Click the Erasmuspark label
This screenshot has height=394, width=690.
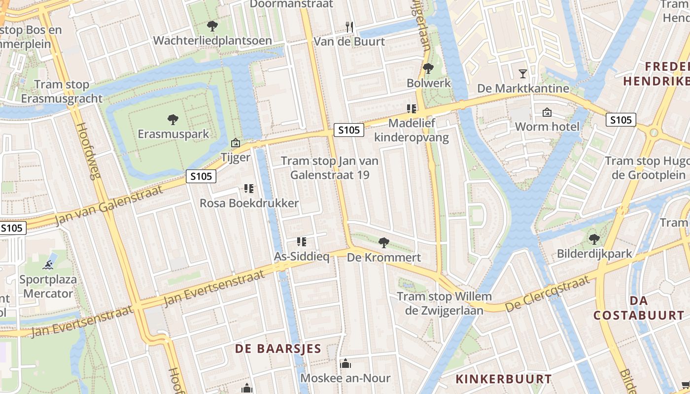[173, 134]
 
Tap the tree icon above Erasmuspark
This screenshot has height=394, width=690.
[172, 119]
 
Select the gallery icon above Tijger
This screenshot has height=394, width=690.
[236, 143]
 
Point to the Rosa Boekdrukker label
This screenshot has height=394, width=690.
[249, 203]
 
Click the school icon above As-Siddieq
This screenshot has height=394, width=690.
[302, 241]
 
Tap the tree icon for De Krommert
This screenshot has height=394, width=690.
[383, 242]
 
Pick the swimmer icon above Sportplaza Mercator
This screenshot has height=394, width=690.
[48, 265]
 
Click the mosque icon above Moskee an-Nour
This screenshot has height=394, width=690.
[345, 363]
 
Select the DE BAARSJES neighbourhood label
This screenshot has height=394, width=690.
[278, 349]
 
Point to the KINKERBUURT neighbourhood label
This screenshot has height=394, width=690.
[503, 379]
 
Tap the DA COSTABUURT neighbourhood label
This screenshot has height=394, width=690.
[638, 308]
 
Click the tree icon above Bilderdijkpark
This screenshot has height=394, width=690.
[594, 239]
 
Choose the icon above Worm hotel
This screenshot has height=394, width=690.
[547, 112]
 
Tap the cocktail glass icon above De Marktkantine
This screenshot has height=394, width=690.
[523, 74]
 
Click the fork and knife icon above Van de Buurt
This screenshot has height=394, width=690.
[349, 27]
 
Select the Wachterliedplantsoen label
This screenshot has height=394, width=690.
[212, 40]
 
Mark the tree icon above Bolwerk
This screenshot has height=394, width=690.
[428, 68]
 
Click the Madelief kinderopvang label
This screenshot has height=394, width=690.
[412, 130]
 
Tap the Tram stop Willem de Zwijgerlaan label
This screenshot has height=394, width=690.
[444, 303]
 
